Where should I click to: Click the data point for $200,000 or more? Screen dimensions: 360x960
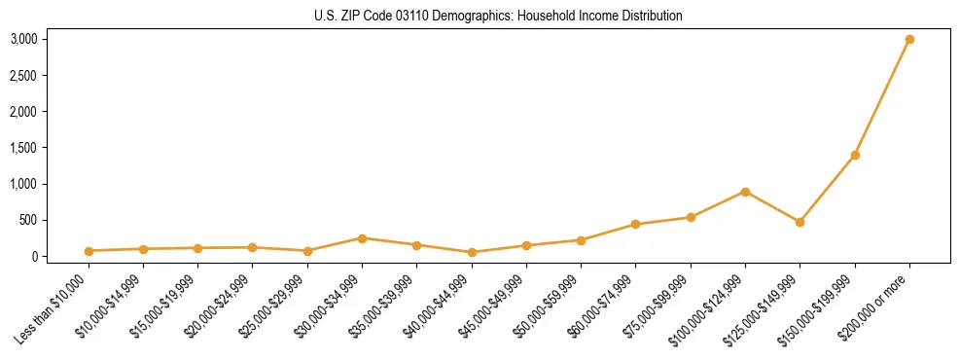click(x=909, y=39)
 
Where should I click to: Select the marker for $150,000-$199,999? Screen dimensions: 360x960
click(x=855, y=155)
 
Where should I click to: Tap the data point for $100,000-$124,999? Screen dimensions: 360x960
click(x=745, y=192)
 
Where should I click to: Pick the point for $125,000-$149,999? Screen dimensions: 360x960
click(x=800, y=222)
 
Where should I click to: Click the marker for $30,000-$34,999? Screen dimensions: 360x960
click(x=362, y=238)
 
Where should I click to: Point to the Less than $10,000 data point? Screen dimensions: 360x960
click(x=89, y=251)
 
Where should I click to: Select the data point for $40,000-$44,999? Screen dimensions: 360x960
click(x=472, y=252)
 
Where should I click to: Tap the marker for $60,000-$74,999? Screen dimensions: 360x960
click(x=635, y=225)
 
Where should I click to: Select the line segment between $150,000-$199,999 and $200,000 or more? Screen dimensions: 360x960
click(x=882, y=97)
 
